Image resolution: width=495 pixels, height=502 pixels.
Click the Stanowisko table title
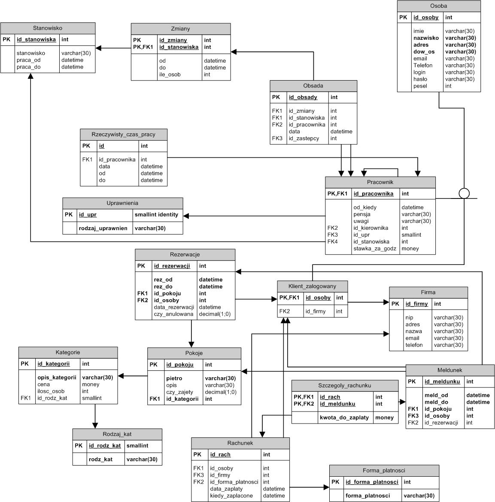pos(48,28)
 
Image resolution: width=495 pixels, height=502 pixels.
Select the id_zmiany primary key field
pos(173,40)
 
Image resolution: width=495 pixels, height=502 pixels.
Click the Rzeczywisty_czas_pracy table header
pos(124,134)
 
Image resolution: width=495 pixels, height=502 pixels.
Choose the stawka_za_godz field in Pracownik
pos(374,248)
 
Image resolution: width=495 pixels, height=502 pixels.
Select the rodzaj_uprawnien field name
pos(103,228)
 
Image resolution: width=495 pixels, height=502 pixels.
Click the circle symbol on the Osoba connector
pos(464,193)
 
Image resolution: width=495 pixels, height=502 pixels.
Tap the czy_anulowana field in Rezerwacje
pos(174,314)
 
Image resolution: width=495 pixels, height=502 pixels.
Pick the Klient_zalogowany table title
pos(313,286)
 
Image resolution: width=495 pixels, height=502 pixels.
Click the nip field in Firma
pos(409,317)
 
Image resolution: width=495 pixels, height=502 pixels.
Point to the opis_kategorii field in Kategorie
pos(57,377)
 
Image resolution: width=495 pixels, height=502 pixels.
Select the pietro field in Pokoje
pos(174,378)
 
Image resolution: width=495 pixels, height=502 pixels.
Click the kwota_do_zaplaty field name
pos(344,417)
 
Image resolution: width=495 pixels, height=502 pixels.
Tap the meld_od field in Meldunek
pos(436,395)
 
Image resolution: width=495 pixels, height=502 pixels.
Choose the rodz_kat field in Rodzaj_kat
pos(100,459)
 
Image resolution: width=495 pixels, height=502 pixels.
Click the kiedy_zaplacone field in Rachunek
pos(231,496)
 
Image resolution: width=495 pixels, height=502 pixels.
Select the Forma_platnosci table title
pos(384,470)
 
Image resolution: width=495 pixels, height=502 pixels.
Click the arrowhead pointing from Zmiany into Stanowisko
pos(98,48)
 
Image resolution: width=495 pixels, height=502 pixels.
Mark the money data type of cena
pos(91,384)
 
